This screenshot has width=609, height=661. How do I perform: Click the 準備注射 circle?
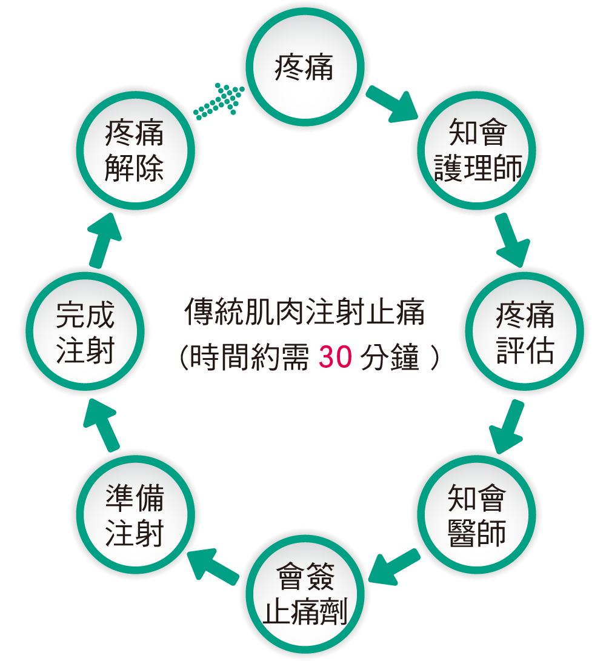(x=134, y=514)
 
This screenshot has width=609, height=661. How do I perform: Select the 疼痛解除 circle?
(x=134, y=151)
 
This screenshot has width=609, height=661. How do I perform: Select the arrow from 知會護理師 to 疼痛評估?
(x=511, y=240)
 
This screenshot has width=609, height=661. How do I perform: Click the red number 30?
(x=335, y=357)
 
